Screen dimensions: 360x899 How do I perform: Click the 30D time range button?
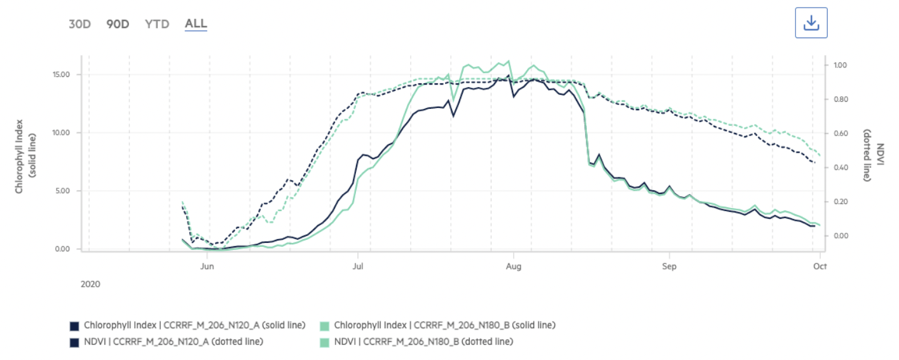pyautogui.click(x=79, y=24)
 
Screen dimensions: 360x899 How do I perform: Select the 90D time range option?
pyautogui.click(x=118, y=24)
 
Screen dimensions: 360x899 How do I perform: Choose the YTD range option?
pyautogui.click(x=156, y=24)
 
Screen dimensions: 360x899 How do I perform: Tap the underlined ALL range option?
pyautogui.click(x=196, y=24)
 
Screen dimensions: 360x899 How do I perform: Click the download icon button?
pyautogui.click(x=811, y=24)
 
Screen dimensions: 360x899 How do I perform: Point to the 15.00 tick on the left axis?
pyautogui.click(x=61, y=74)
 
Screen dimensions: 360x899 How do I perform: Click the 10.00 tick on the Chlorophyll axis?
pyautogui.click(x=61, y=133)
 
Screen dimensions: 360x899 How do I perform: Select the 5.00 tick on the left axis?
pyautogui.click(x=63, y=191)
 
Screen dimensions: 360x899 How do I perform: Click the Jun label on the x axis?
pyautogui.click(x=207, y=267)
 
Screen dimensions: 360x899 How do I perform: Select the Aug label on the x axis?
pyautogui.click(x=513, y=267)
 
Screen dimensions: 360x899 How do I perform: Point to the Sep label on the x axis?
pyautogui.click(x=668, y=267)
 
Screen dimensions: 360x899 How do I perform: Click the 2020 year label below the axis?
pyautogui.click(x=90, y=284)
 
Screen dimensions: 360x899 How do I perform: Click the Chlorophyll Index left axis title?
pyautogui.click(x=24, y=156)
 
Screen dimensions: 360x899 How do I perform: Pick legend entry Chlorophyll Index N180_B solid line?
pyautogui.click(x=444, y=326)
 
